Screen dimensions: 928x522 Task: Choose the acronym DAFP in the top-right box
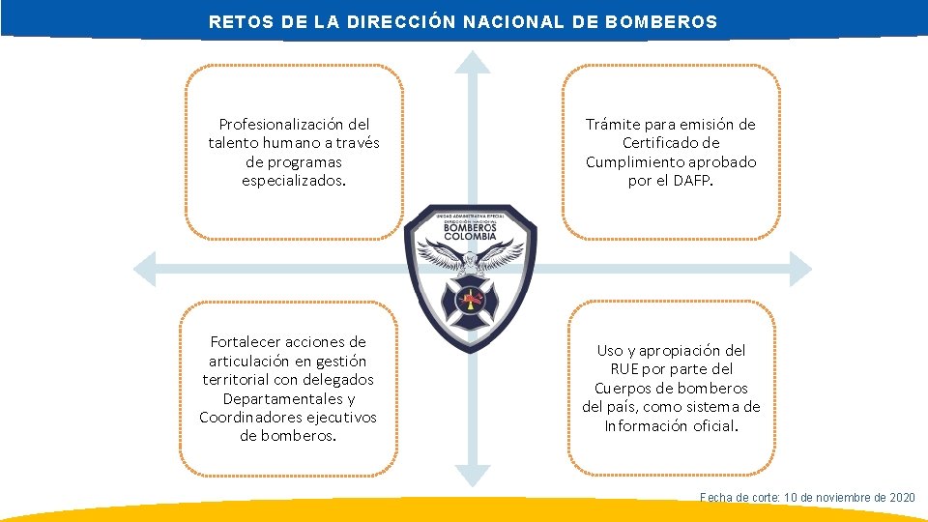pyautogui.click(x=691, y=181)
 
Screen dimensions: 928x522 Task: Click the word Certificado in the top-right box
pyautogui.click(x=671, y=143)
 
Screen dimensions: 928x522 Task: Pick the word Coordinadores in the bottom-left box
pyautogui.click(x=247, y=417)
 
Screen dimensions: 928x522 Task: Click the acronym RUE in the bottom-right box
pyautogui.click(x=625, y=369)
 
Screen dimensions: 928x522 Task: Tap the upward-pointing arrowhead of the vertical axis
pyautogui.click(x=473, y=61)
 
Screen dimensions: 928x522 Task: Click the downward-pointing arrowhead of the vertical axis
pyautogui.click(x=473, y=475)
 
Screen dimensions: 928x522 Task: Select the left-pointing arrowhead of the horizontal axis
pyautogui.click(x=144, y=269)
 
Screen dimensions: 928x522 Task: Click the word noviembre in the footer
pyautogui.click(x=839, y=497)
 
